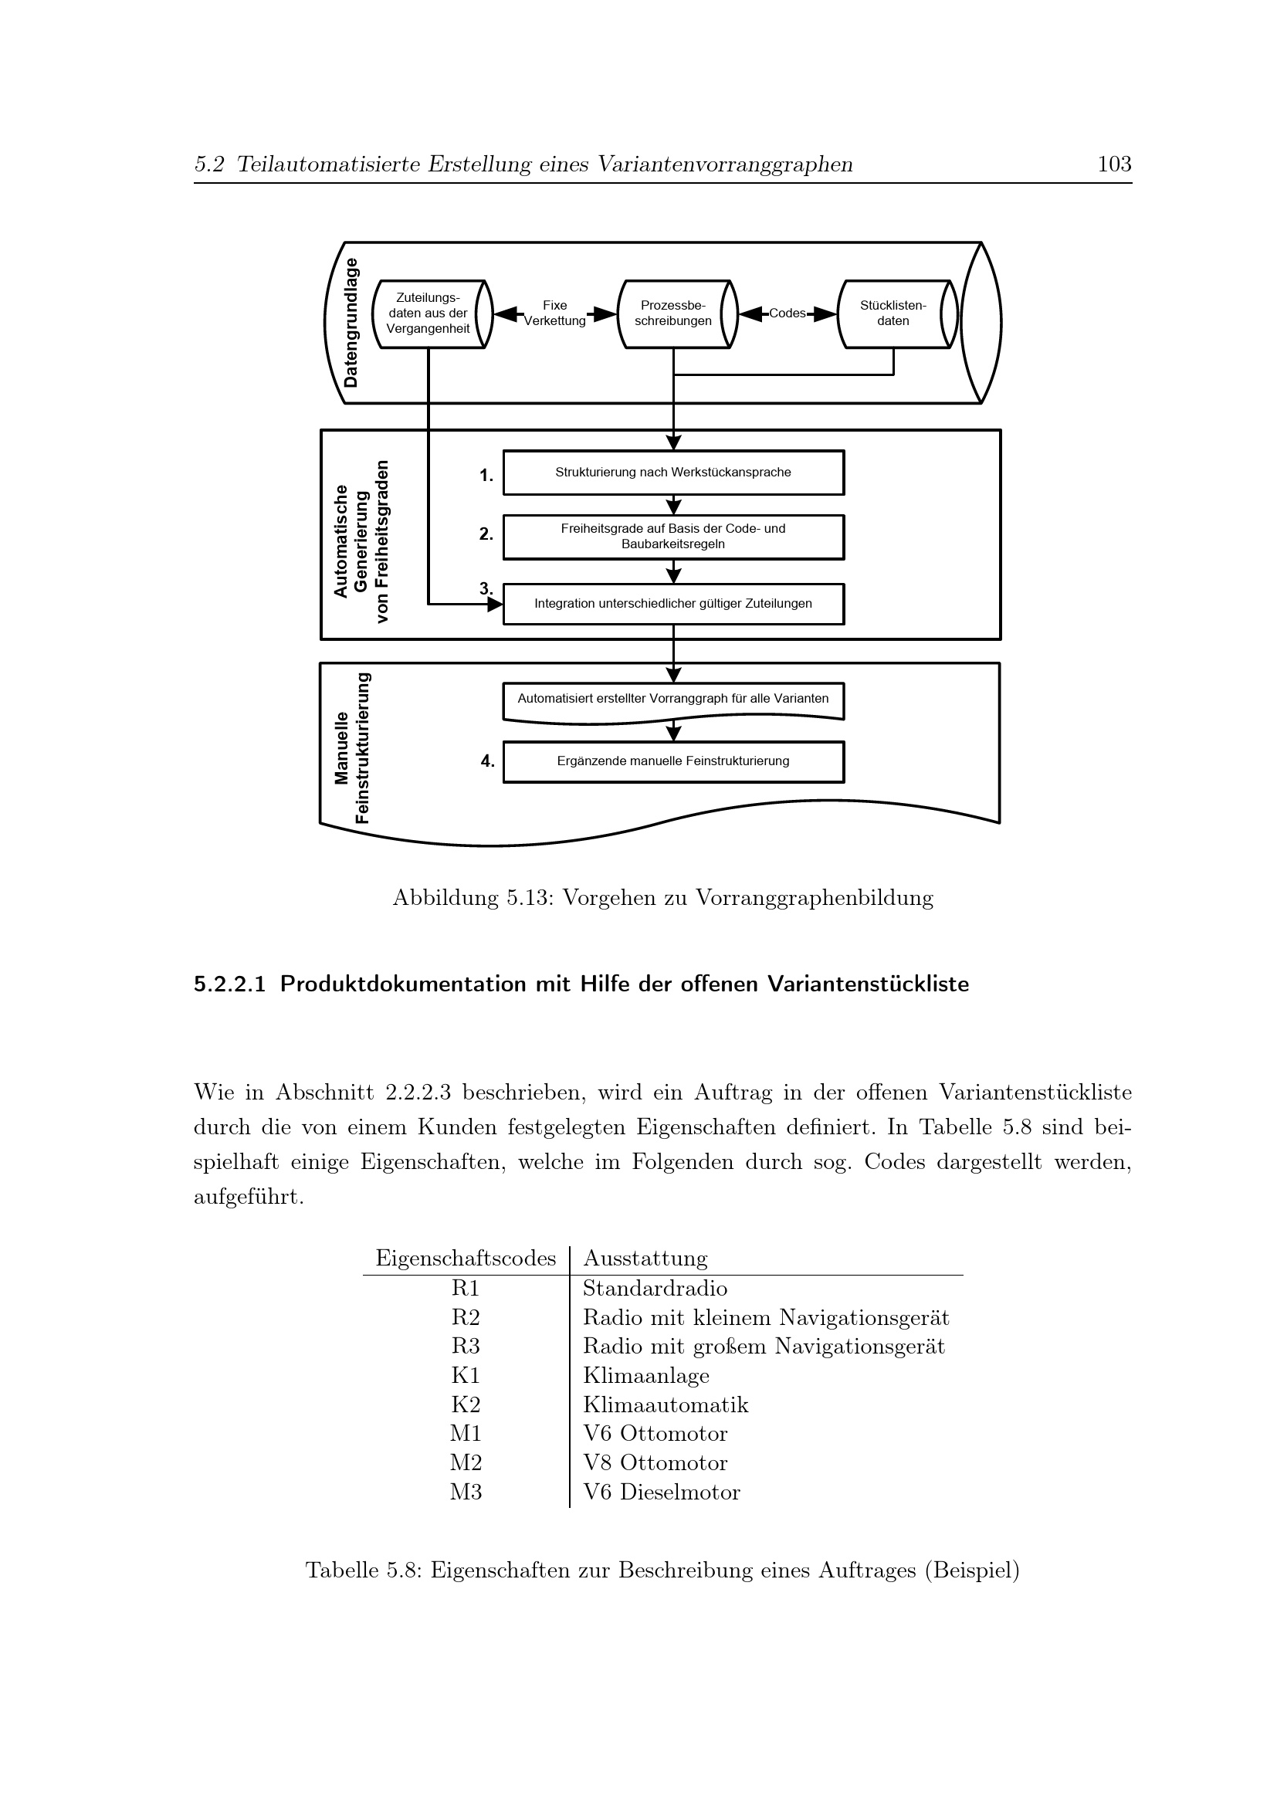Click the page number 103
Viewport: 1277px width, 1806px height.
tap(1113, 164)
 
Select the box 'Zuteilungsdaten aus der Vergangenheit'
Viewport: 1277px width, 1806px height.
tap(428, 313)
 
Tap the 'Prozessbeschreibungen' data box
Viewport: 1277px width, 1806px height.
tap(673, 313)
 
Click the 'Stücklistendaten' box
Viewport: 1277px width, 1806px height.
tap(893, 313)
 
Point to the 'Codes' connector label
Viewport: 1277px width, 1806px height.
tap(787, 313)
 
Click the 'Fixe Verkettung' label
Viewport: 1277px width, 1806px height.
tap(554, 313)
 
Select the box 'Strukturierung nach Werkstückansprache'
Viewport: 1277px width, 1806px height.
tap(673, 473)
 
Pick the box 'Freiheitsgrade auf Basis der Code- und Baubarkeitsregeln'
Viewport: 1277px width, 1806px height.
tap(673, 537)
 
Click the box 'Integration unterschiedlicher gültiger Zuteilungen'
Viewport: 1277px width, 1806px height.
tap(673, 604)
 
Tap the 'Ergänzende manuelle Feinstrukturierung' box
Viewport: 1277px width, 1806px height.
tap(673, 761)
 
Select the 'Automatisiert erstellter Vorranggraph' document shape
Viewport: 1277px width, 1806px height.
tap(673, 700)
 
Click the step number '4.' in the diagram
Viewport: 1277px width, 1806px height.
tap(487, 761)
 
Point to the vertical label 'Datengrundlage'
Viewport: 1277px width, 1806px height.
tap(351, 323)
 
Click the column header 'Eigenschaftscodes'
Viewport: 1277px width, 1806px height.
tap(466, 1259)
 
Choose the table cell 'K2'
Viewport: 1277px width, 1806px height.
tap(466, 1404)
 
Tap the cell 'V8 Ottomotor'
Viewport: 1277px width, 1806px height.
tap(655, 1462)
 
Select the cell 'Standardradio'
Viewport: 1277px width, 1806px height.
tap(655, 1289)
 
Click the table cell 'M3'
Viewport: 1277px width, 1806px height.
tap(466, 1492)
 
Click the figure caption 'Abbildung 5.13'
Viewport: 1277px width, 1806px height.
tap(663, 897)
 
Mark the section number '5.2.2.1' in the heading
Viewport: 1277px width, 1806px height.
tap(229, 984)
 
